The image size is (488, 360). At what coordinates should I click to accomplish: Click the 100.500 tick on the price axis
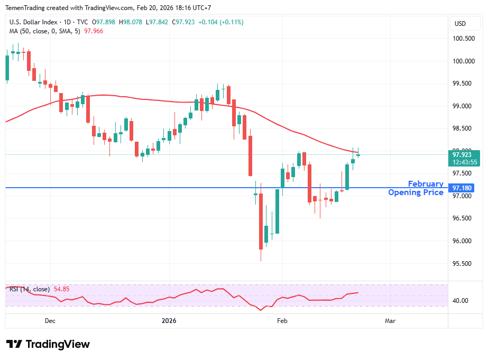tap(463, 39)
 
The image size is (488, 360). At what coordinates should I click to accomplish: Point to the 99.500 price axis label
tap(463, 84)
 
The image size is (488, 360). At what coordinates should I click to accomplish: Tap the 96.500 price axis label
tap(463, 218)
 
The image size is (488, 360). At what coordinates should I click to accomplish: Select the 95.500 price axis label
tap(463, 263)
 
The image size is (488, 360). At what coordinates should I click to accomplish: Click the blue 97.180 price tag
tap(463, 188)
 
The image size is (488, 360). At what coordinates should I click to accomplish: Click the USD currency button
tap(460, 23)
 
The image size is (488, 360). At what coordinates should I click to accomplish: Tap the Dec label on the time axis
tap(50, 321)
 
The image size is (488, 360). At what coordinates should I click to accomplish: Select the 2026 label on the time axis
tap(169, 321)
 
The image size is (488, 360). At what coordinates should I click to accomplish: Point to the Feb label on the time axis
tap(282, 321)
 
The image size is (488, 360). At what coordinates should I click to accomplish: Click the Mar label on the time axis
tap(390, 321)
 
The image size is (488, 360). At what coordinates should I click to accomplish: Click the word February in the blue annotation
tap(426, 184)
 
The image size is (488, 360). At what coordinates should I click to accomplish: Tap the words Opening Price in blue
tap(416, 192)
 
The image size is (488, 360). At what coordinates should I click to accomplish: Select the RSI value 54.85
tap(62, 289)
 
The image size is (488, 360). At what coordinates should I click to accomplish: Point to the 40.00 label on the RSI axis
tap(461, 301)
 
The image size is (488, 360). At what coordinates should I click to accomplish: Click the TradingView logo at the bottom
tap(48, 344)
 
